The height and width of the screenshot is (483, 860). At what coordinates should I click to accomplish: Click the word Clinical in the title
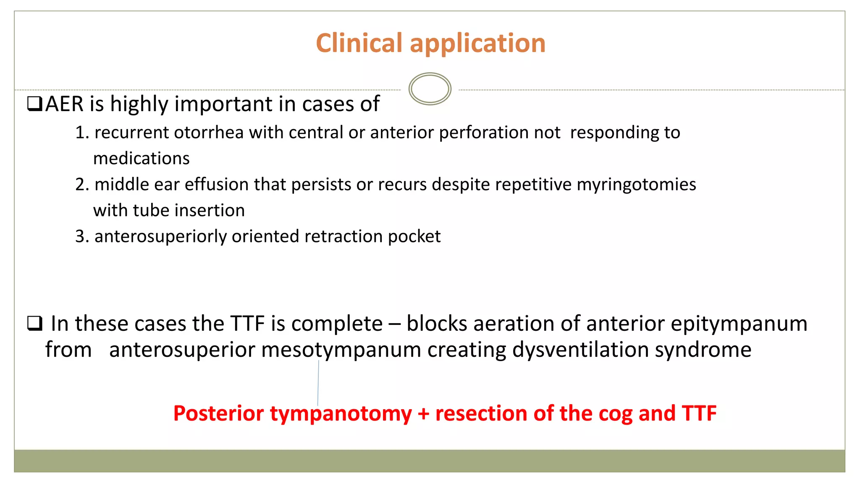[x=359, y=43]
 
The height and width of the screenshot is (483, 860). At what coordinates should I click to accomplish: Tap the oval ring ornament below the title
[x=430, y=89]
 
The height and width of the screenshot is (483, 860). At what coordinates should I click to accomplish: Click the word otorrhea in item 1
[x=209, y=132]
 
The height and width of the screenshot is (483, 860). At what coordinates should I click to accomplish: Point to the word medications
[x=142, y=158]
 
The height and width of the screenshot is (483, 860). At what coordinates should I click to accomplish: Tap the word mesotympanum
[x=341, y=350]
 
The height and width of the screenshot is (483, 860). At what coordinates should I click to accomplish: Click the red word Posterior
[x=218, y=413]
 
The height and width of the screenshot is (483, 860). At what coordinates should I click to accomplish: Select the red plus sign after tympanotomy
[x=423, y=413]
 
